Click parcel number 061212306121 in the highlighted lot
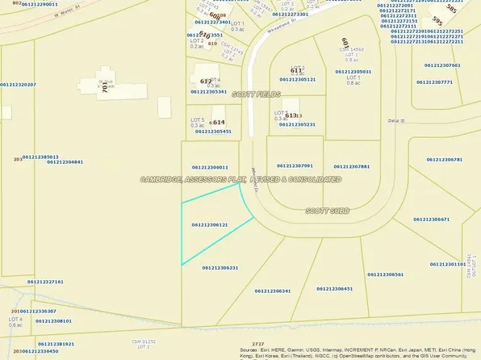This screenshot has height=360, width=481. click(210, 224)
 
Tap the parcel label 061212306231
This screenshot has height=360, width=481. click(220, 267)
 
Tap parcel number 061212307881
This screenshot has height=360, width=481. click(351, 166)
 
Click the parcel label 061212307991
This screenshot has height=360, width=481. click(294, 166)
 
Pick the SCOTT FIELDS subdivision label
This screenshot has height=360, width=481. click(255, 94)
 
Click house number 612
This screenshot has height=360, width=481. click(206, 82)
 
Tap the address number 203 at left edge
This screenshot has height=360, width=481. click(18, 159)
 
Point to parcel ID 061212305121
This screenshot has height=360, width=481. click(297, 79)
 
